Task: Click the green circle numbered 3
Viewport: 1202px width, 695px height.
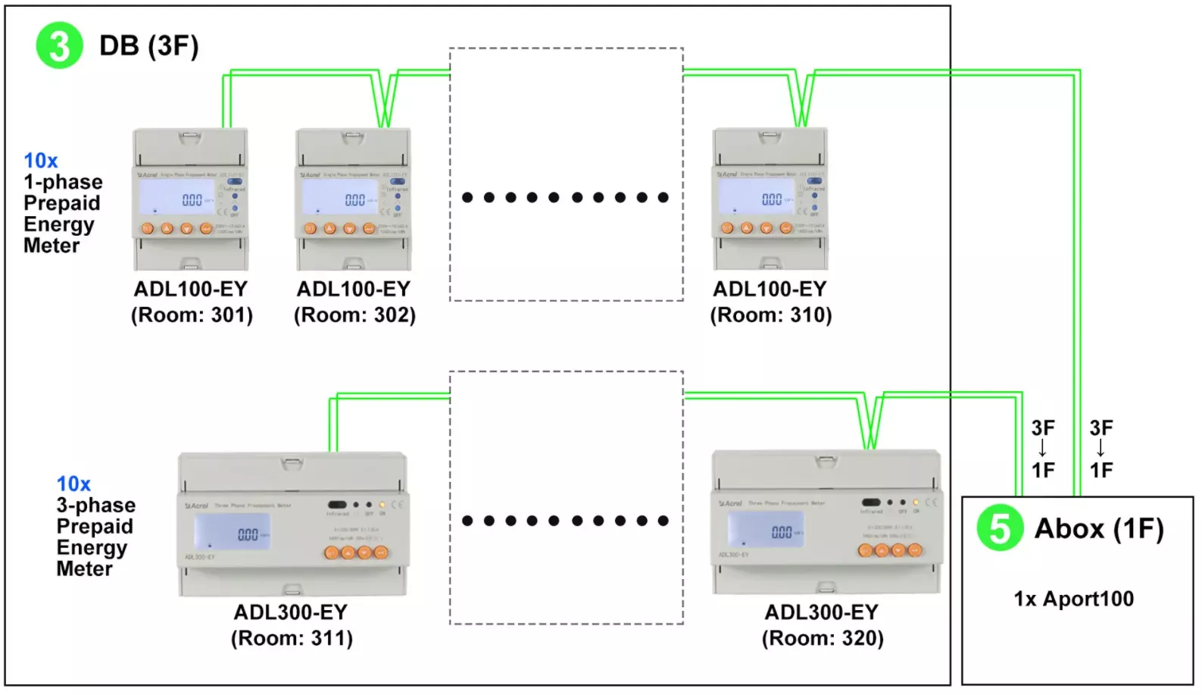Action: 59,45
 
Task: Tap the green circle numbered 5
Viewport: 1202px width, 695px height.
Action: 999,528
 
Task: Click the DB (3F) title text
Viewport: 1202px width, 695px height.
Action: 149,45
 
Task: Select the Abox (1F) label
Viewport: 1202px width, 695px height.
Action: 1098,528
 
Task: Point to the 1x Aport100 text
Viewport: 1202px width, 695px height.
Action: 1073,599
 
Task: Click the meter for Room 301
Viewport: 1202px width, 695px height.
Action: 191,199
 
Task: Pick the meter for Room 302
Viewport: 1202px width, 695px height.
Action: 354,199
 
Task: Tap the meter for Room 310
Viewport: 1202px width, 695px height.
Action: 770,199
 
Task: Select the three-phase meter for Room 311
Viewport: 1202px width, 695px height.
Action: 293,524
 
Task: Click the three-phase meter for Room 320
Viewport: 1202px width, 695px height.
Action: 827,522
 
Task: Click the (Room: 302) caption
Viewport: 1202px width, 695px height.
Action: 354,315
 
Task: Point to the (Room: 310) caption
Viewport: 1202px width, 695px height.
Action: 770,315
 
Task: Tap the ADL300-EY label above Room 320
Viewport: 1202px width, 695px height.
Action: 822,612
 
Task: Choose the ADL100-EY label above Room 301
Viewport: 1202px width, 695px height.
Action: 191,289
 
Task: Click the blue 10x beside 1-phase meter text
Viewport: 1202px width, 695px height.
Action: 41,161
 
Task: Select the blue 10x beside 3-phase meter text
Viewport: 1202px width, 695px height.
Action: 73,484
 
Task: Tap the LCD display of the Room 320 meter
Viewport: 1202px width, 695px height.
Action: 766,529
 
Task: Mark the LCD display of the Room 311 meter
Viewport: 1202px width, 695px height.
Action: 232,531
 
